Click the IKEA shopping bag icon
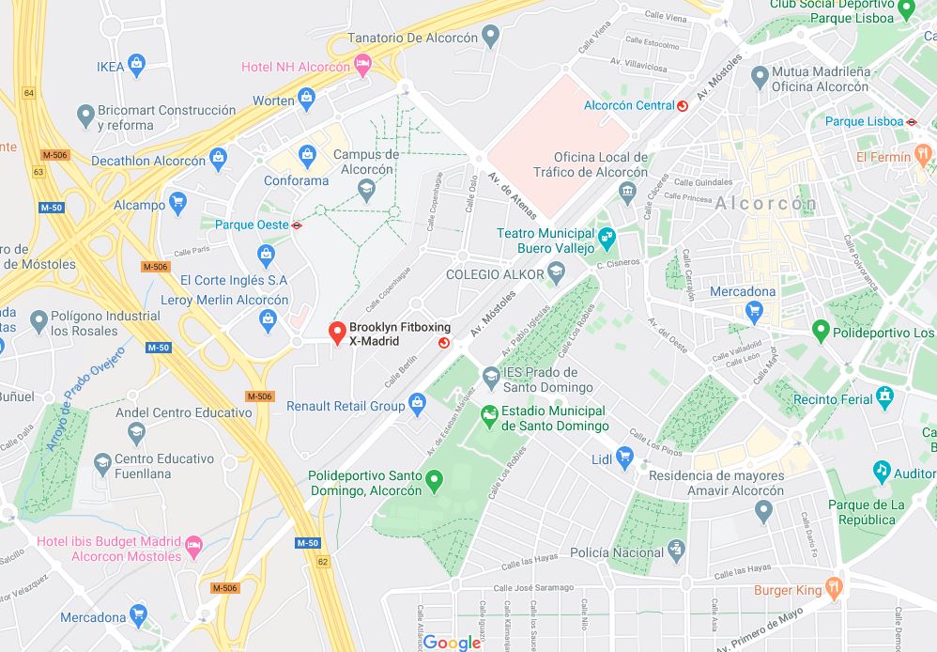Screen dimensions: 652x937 coord(137,66)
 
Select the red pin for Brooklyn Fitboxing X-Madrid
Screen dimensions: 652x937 coord(335,333)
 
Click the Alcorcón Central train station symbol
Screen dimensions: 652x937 coord(683,106)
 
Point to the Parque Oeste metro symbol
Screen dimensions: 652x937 coord(298,225)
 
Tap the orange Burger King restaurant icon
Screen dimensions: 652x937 coord(834,589)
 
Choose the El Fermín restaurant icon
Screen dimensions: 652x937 coord(923,155)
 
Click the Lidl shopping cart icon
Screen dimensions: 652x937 coord(625,458)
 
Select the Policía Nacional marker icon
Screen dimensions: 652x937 coord(676,551)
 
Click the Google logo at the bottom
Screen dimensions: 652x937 coord(452,642)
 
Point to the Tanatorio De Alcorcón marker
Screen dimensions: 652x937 coord(489,37)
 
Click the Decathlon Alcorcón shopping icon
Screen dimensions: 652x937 coord(219,159)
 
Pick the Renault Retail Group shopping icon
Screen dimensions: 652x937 coord(418,405)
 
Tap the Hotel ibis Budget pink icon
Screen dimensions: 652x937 coord(193,545)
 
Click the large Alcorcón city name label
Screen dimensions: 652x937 coord(765,204)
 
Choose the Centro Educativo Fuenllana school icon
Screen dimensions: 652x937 coord(102,461)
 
